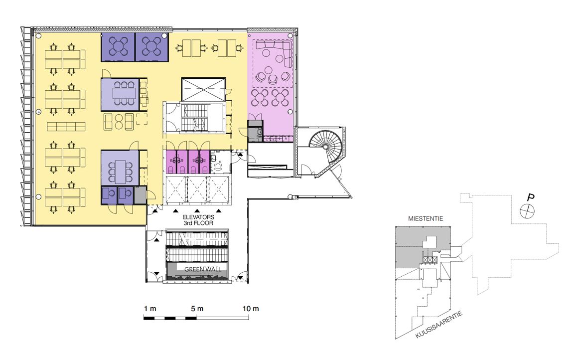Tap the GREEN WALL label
point(203,269)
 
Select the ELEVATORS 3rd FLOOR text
point(198,220)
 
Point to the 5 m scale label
point(197,309)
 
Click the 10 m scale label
point(251,309)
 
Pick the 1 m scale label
point(150,309)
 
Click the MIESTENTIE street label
point(426,219)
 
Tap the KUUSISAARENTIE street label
point(438,325)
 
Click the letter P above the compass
point(531,198)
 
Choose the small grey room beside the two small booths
point(140,195)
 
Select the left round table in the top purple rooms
point(118,47)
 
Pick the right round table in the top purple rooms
point(152,47)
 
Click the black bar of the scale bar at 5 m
point(190,318)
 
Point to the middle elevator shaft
point(198,190)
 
